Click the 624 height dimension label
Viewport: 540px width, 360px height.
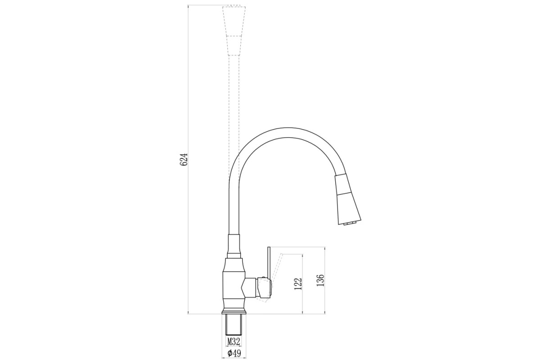(x=184, y=159)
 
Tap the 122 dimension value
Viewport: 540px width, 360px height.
(x=298, y=284)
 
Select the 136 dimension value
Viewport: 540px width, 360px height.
(x=320, y=280)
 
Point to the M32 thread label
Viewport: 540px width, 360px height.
(x=234, y=342)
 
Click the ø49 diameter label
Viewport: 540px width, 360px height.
(x=234, y=354)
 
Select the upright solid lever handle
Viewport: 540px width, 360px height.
(x=270, y=265)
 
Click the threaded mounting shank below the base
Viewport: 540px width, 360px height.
(x=234, y=324)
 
